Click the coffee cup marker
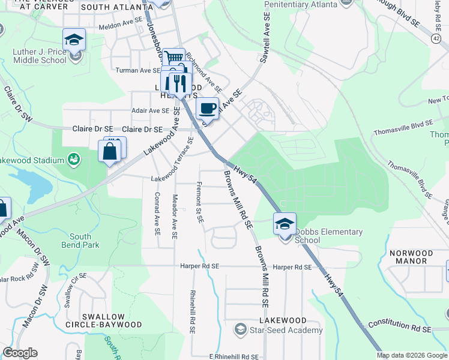(207, 109)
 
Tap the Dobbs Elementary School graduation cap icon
(285, 224)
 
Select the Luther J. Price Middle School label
(40, 56)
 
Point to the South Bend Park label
(80, 241)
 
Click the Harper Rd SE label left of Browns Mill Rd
(200, 266)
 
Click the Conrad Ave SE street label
(157, 214)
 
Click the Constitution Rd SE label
(400, 326)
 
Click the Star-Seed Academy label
(288, 330)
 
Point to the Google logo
(20, 353)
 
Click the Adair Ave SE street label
(151, 110)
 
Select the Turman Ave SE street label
(138, 70)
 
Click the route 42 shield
(435, 38)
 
